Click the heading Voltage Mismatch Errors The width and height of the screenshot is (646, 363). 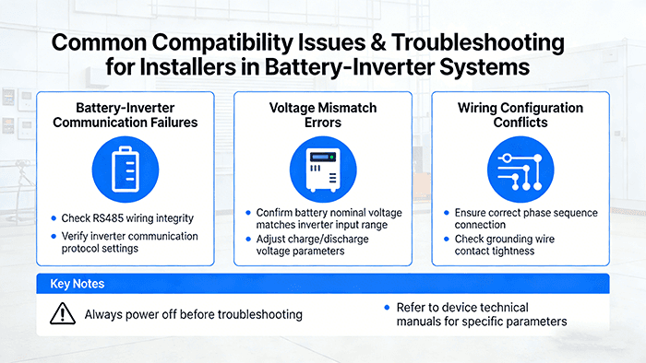click(323, 115)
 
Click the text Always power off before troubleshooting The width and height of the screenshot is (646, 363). click(193, 314)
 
